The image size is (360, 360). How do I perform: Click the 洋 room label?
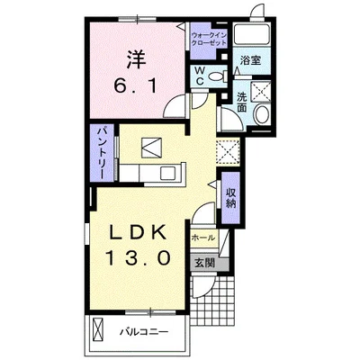[x=136, y=59]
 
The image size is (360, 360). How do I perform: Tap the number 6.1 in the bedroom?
[x=136, y=86]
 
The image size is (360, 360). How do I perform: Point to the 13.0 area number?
[x=138, y=258]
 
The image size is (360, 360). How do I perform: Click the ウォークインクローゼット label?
[x=209, y=39]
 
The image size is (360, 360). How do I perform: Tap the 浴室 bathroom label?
[x=250, y=61]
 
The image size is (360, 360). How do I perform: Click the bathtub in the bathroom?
[x=252, y=34]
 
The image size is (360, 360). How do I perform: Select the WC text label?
[x=200, y=76]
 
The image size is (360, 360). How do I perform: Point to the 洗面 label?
[x=242, y=102]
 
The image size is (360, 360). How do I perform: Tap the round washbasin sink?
[x=262, y=114]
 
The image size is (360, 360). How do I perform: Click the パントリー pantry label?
[x=103, y=153]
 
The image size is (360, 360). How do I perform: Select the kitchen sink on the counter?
[x=168, y=173]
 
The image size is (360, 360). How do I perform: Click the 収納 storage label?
[x=230, y=198]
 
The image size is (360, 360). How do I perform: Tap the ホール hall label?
[x=203, y=238]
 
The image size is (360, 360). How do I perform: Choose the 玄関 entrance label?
[x=205, y=263]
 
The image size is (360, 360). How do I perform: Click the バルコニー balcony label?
[x=144, y=332]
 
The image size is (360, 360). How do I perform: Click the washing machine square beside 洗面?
[x=261, y=91]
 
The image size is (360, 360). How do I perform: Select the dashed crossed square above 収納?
[x=228, y=152]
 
